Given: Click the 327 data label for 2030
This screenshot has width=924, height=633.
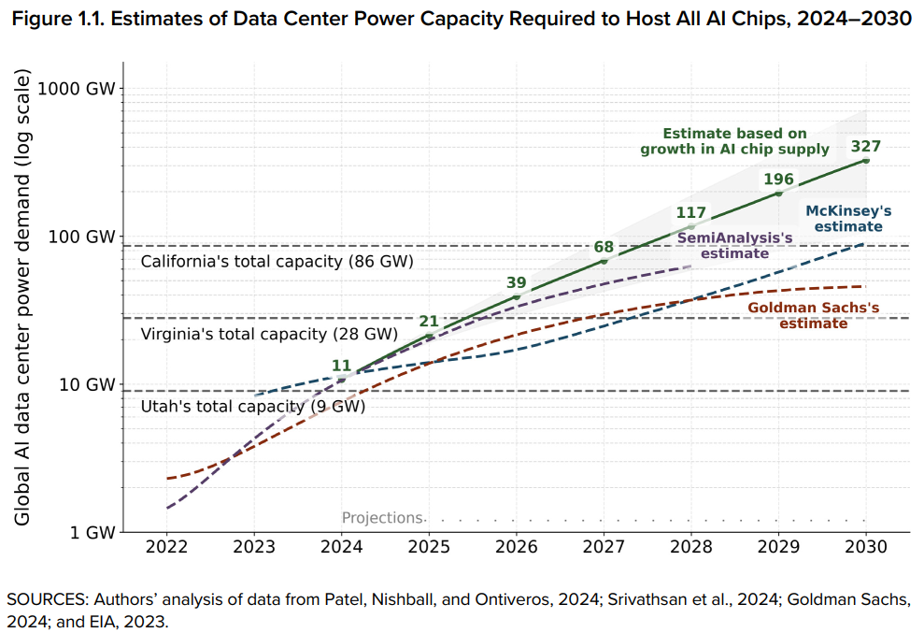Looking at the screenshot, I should click(865, 146).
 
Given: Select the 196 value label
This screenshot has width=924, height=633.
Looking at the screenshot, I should click(778, 179).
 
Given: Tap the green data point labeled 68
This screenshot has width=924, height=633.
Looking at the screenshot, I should click(604, 261).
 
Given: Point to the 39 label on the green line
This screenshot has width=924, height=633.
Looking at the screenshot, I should click(516, 282).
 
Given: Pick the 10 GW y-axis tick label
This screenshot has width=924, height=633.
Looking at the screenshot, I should click(93, 384).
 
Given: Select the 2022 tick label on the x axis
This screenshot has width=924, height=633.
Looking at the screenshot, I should click(166, 546).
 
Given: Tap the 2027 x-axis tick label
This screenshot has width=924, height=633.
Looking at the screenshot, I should click(604, 546).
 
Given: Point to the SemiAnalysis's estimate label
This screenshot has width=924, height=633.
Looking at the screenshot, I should click(734, 245).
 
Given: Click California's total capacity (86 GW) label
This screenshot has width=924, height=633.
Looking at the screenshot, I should click(277, 262).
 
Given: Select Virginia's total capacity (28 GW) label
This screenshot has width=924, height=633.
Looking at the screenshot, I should click(269, 334).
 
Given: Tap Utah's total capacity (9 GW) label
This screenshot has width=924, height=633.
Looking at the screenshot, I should click(252, 407).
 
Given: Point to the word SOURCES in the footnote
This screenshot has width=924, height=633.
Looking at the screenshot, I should click(44, 598).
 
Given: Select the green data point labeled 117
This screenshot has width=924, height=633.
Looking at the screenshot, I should click(691, 226).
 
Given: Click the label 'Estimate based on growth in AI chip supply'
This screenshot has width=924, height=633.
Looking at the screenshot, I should click(734, 141).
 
